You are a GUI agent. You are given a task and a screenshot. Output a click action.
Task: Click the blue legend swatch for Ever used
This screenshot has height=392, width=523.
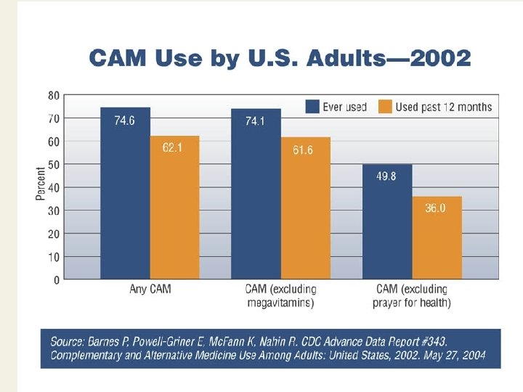point(312,107)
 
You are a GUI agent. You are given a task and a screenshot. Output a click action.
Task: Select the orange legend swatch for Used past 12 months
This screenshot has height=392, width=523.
point(385,107)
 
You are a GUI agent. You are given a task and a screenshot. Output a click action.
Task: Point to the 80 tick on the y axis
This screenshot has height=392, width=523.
point(54,95)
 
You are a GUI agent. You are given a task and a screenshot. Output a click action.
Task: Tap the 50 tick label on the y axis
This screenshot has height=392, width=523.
point(54,165)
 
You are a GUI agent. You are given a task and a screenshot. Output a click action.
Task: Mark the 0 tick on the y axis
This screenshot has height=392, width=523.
point(57,279)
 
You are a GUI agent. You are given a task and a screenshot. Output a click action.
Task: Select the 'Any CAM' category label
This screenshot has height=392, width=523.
point(150,290)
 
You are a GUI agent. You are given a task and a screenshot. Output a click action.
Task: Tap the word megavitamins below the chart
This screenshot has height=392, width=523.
point(280,303)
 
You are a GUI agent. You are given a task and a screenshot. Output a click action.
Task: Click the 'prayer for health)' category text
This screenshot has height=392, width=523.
point(412,303)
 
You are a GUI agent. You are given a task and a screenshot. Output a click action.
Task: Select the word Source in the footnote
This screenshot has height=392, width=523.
point(67,340)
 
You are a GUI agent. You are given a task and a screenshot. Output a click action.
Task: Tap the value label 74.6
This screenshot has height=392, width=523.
point(124,121)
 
